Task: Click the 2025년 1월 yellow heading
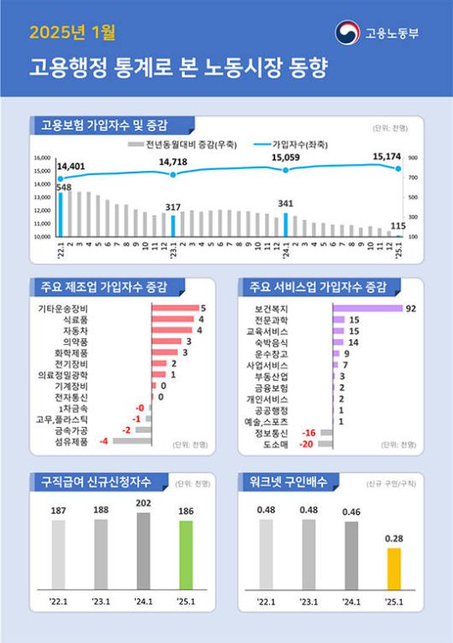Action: (x=73, y=33)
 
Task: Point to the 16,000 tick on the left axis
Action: (x=43, y=159)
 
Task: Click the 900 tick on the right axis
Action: (x=413, y=159)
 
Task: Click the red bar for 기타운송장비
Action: (x=175, y=307)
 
